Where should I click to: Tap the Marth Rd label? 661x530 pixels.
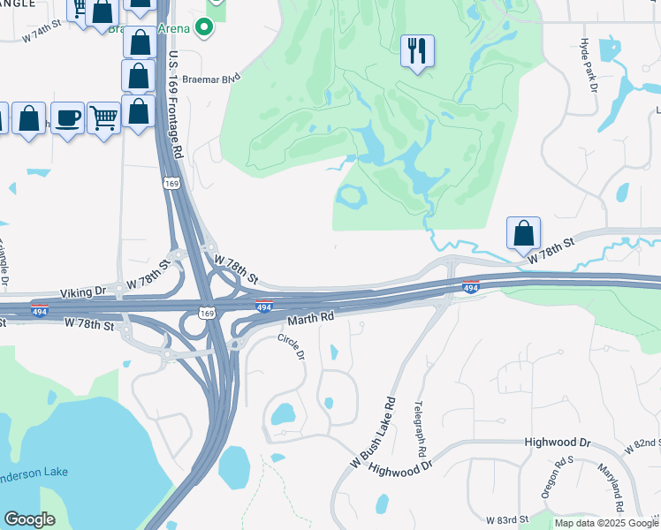[309, 315]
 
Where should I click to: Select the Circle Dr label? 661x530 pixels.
[291, 345]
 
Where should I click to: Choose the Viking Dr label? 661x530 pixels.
[83, 290]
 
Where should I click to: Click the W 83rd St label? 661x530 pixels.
[506, 519]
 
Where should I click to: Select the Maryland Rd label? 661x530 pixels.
[611, 489]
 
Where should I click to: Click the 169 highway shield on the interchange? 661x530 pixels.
[206, 313]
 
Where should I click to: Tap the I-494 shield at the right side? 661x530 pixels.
[471, 287]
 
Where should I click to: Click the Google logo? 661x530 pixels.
[29, 519]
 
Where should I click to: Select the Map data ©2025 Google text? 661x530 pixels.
[606, 523]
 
